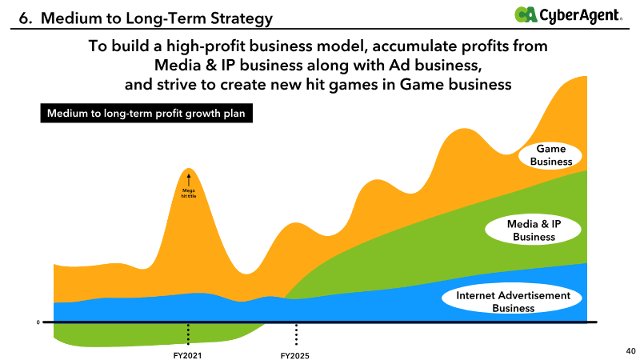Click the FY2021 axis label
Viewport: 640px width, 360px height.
coord(188,354)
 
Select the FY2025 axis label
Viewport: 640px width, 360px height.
coord(294,356)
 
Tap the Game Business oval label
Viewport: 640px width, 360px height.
coord(551,155)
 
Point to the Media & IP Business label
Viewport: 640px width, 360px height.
coord(534,230)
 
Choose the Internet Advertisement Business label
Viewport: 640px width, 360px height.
coord(513,302)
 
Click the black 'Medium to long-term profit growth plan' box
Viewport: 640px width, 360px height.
coord(146,113)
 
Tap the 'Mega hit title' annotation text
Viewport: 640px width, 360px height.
coord(189,193)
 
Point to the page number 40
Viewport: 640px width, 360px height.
coord(630,350)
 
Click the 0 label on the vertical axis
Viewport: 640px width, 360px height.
coord(38,322)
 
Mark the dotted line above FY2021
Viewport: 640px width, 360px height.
coord(188,334)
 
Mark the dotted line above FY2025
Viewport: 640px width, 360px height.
coord(296,334)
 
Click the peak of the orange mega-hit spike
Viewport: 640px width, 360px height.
coord(189,170)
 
